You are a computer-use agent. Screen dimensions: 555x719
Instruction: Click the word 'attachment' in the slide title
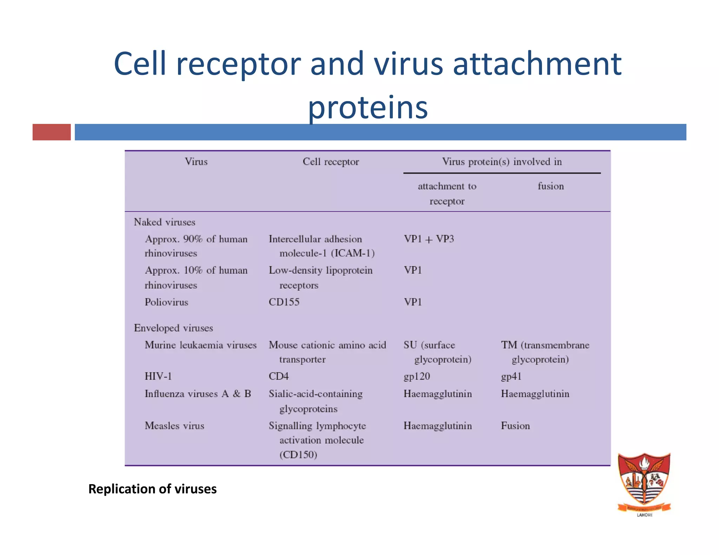pyautogui.click(x=537, y=64)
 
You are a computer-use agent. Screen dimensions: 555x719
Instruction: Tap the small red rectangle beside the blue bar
pyautogui.click(x=52, y=132)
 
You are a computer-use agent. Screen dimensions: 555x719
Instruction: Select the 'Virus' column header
pyautogui.click(x=196, y=162)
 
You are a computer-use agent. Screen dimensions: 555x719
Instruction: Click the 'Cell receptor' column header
pyautogui.click(x=331, y=162)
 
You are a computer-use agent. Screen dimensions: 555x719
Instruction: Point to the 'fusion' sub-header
pyautogui.click(x=550, y=186)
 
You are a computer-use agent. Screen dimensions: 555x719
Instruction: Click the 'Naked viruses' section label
pyautogui.click(x=164, y=222)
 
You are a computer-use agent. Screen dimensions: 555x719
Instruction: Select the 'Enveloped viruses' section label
pyautogui.click(x=173, y=328)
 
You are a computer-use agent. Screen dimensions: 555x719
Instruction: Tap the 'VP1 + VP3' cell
pyautogui.click(x=429, y=239)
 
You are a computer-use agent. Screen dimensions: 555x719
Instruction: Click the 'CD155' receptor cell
pyautogui.click(x=284, y=302)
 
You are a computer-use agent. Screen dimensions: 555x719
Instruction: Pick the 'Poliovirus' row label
pyautogui.click(x=166, y=302)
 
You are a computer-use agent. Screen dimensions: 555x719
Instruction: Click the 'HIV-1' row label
pyautogui.click(x=158, y=376)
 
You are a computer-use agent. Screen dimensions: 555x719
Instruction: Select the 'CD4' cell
pyautogui.click(x=278, y=376)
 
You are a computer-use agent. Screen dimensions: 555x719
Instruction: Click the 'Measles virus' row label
pyautogui.click(x=174, y=426)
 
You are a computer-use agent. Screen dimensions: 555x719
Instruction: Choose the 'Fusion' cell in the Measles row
pyautogui.click(x=515, y=426)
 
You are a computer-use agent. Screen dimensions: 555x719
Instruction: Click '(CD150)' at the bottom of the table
pyautogui.click(x=298, y=455)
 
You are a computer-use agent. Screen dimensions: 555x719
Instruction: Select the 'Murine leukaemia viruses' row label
pyautogui.click(x=200, y=345)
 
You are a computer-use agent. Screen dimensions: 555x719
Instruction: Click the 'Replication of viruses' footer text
pyautogui.click(x=152, y=489)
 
